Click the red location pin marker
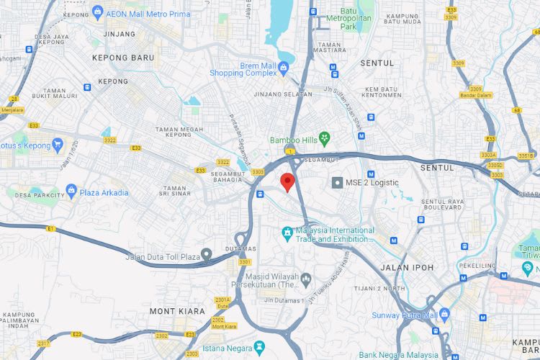[x=287, y=182]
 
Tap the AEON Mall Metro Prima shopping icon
[x=98, y=13]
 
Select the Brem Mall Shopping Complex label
[x=243, y=68]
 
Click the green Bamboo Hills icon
[x=325, y=138]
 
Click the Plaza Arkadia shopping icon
[x=71, y=192]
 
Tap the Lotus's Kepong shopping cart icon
[x=58, y=145]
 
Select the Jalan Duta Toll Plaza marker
[x=207, y=253]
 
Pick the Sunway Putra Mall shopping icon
[x=444, y=314]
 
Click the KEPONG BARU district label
[x=123, y=57]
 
